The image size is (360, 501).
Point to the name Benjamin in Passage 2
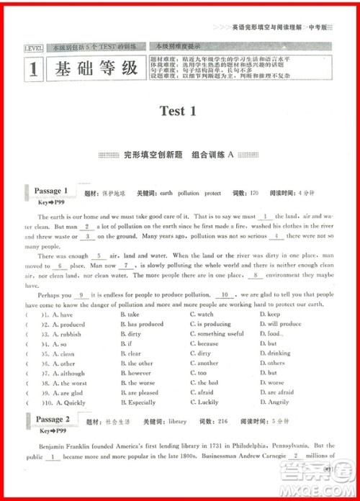(x=54, y=446)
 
